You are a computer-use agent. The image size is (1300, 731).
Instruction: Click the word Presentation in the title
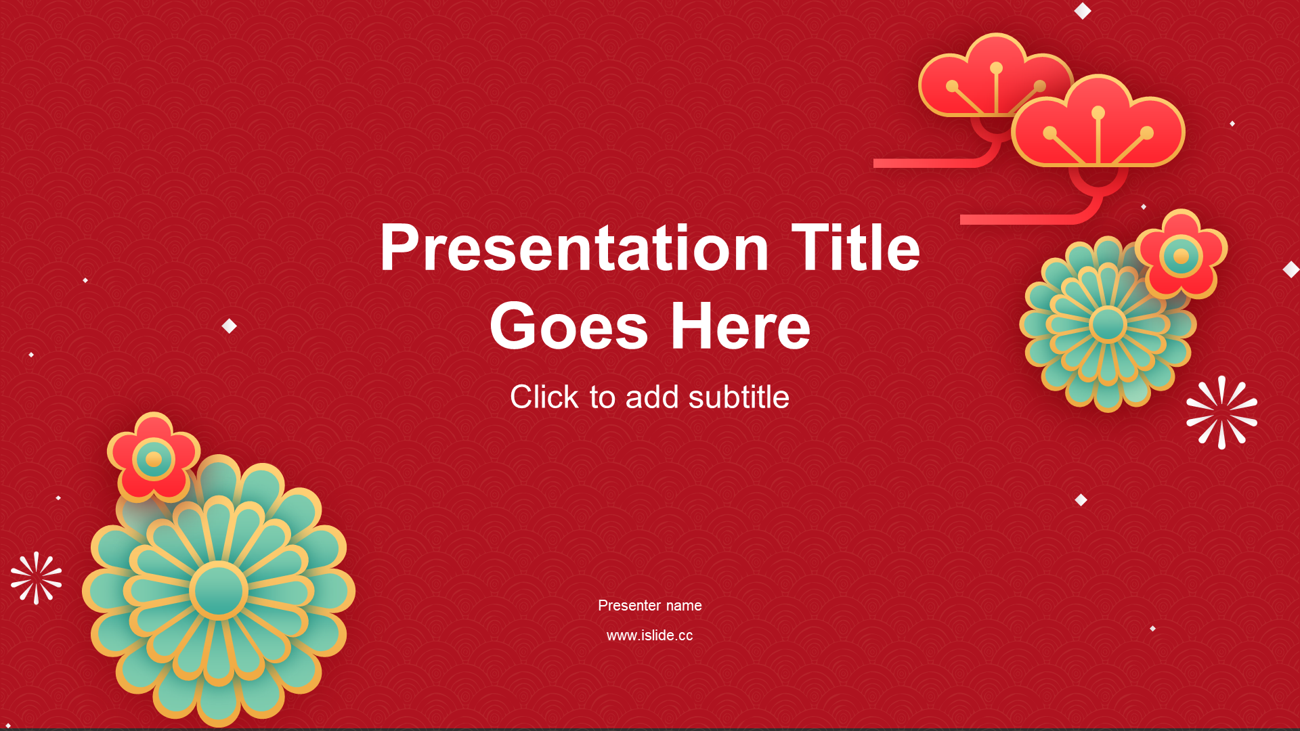(574, 248)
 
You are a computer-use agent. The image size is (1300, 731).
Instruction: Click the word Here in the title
(741, 326)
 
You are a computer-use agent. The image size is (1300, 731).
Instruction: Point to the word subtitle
(739, 397)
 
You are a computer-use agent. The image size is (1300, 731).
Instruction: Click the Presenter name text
(650, 606)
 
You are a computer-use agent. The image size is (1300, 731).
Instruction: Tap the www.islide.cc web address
(650, 636)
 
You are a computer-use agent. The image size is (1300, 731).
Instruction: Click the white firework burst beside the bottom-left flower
(37, 578)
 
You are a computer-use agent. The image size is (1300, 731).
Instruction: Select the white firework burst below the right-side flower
(1222, 412)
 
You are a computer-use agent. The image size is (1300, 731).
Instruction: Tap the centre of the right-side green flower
(1108, 324)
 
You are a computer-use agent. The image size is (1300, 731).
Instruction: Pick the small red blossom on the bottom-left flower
(154, 458)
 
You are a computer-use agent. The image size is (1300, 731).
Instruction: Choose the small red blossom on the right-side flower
(1182, 254)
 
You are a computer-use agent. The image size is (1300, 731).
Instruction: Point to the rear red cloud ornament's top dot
(996, 68)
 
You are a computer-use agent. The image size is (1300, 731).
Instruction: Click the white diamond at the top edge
(1083, 11)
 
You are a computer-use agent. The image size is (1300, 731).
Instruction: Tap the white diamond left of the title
(230, 326)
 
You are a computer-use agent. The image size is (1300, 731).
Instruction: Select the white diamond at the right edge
(1291, 269)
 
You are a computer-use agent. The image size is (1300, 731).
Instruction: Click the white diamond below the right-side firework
(1081, 500)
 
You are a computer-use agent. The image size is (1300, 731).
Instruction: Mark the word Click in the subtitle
(544, 397)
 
